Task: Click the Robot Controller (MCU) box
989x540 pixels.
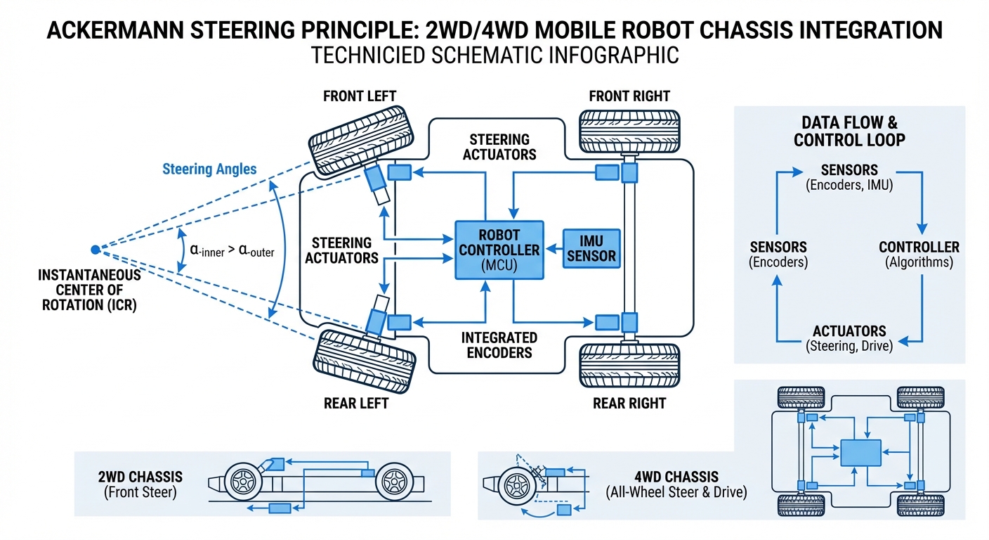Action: [x=499, y=250]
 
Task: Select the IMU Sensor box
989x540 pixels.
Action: [x=591, y=248]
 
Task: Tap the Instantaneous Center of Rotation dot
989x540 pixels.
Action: [x=95, y=249]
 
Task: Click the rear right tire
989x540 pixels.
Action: [x=629, y=366]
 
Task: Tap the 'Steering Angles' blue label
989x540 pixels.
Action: [x=209, y=169]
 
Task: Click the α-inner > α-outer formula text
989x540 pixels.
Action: [x=232, y=251]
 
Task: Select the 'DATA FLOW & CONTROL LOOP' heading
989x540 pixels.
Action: [x=849, y=131]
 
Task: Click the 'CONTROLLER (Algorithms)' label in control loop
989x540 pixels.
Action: [x=919, y=255]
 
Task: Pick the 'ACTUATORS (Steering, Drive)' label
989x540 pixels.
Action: [x=849, y=338]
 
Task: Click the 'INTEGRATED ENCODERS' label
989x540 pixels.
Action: [x=499, y=345]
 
